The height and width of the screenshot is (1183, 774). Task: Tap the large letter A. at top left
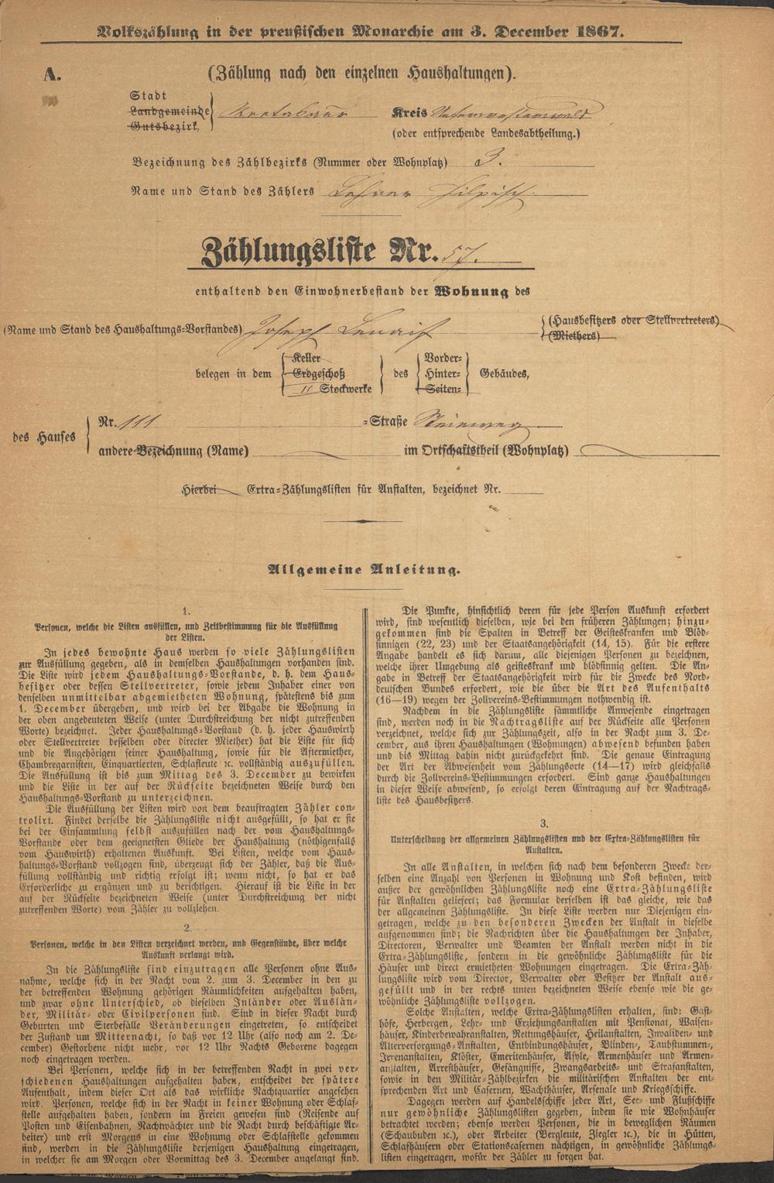click(x=53, y=74)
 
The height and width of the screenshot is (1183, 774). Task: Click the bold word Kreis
click(x=407, y=111)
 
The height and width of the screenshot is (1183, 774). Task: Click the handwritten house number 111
click(x=145, y=423)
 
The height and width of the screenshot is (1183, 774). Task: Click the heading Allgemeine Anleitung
click(x=363, y=571)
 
